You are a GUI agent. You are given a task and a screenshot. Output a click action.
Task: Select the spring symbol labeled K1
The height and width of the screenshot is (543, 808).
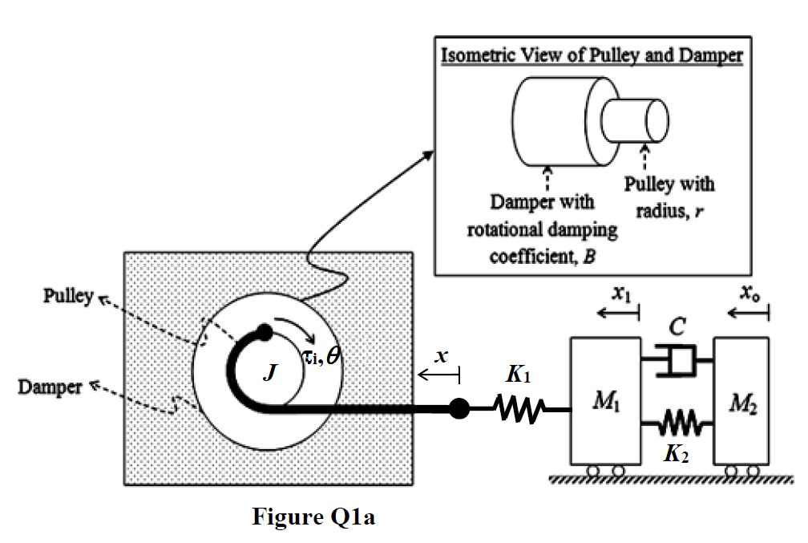[x=519, y=408]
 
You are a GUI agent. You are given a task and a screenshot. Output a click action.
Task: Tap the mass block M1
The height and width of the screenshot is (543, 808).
[x=605, y=401]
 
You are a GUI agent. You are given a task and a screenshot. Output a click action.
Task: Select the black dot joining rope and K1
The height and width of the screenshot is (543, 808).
[x=459, y=408]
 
